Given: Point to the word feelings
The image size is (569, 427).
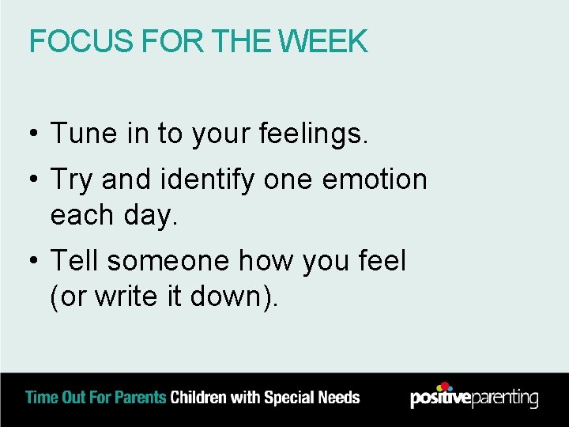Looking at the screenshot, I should (x=313, y=135).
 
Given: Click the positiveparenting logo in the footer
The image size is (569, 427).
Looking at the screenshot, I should (x=473, y=396).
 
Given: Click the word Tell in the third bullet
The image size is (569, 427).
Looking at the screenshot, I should (x=76, y=260).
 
